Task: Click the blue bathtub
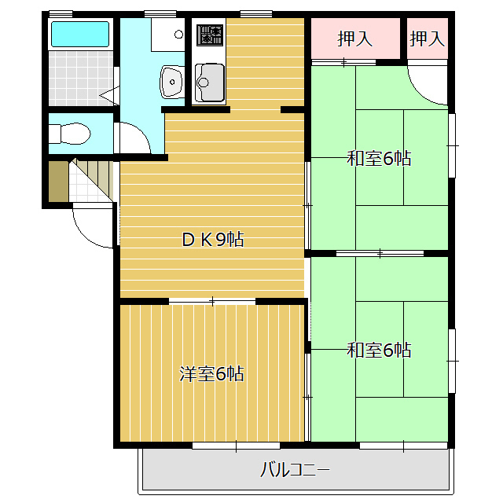coord(80,34)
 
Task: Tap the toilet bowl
coord(70,134)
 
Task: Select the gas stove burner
coord(210,35)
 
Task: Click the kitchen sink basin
coord(210,83)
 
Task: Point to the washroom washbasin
coord(172,82)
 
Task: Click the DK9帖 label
coord(213,239)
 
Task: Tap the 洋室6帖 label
coord(211,374)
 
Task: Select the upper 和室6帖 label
coord(379,158)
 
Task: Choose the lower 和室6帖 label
coord(379,350)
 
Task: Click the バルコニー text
coord(295,470)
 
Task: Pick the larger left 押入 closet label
coord(355,39)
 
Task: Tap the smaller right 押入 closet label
coord(428,39)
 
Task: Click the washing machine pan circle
coord(178,34)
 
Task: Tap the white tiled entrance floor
coord(86,188)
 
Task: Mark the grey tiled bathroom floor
coord(81,78)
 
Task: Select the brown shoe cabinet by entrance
coord(58,182)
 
